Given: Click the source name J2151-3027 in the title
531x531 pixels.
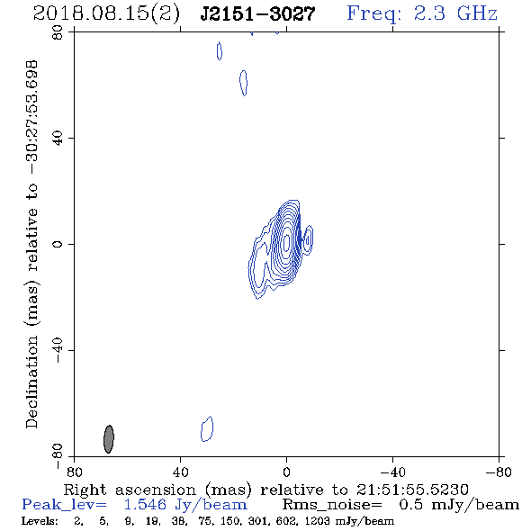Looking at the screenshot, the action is click(257, 14).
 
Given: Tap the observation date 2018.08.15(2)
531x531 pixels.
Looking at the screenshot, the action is click(106, 14).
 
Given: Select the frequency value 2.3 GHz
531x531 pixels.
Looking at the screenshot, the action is click(455, 13).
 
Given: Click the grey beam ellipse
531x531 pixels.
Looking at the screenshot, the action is click(109, 439).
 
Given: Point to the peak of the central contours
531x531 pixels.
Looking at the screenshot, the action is click(286, 242).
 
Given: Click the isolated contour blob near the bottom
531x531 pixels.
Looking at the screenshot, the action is click(207, 429).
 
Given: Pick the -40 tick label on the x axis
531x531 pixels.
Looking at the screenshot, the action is click(392, 472).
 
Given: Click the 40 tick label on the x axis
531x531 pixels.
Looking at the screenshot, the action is click(180, 472).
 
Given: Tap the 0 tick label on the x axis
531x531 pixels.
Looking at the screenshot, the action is click(286, 472).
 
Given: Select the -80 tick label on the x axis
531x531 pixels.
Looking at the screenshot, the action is click(499, 472).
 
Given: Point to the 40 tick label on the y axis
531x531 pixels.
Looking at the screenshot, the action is click(58, 139).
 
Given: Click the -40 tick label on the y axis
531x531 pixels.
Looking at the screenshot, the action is click(58, 350).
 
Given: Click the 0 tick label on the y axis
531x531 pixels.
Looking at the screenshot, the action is click(58, 244).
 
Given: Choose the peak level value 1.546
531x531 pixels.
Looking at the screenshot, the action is click(145, 505).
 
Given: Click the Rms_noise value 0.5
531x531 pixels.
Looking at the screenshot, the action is click(410, 505).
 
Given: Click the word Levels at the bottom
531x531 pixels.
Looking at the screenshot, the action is click(40, 521).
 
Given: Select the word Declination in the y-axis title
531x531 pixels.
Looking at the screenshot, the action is click(31, 382).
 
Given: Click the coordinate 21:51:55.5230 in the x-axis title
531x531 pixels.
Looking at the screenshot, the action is click(412, 490).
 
